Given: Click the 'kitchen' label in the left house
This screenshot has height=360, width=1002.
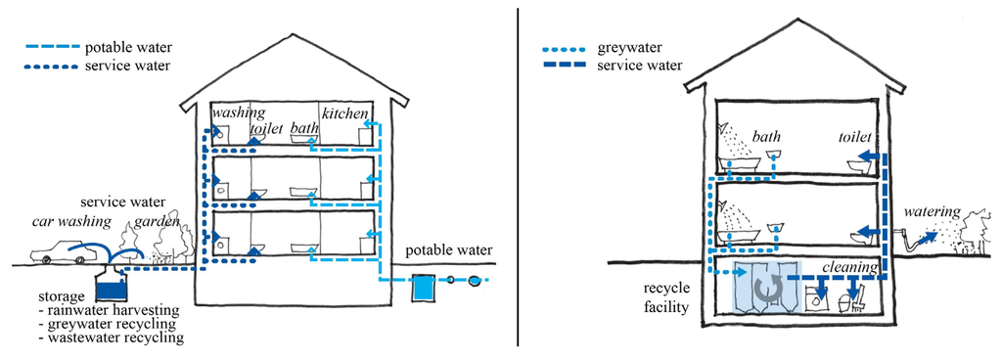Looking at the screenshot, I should pos(344,115).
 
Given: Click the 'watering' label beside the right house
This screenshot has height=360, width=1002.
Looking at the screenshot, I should pos(933,211).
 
